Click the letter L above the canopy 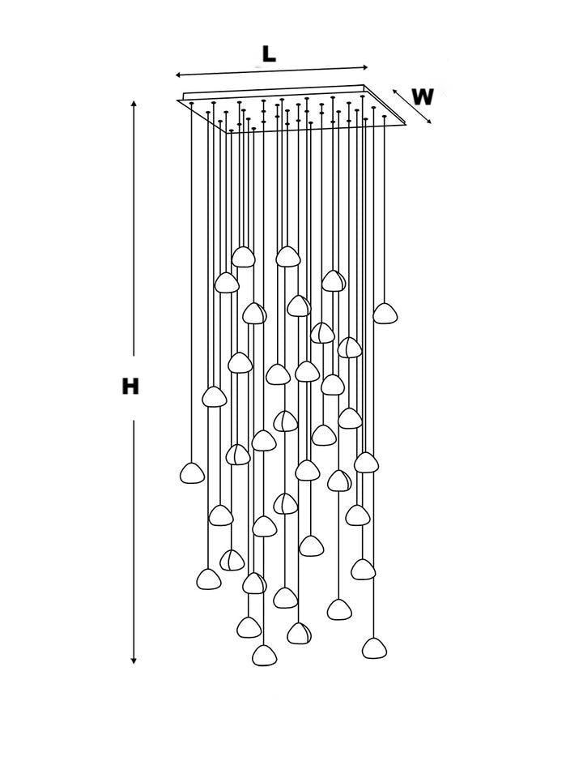[x=269, y=54]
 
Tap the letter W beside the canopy [x=422, y=97]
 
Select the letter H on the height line [x=130, y=387]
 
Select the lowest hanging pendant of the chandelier [x=264, y=656]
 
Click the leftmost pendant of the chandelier [x=192, y=473]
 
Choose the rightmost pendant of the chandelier [x=385, y=313]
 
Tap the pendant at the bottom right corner [x=374, y=648]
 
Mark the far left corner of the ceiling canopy [x=179, y=100]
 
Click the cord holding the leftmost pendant [x=192, y=284]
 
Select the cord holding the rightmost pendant [x=385, y=211]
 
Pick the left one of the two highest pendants [x=243, y=257]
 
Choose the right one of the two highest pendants [x=286, y=256]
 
